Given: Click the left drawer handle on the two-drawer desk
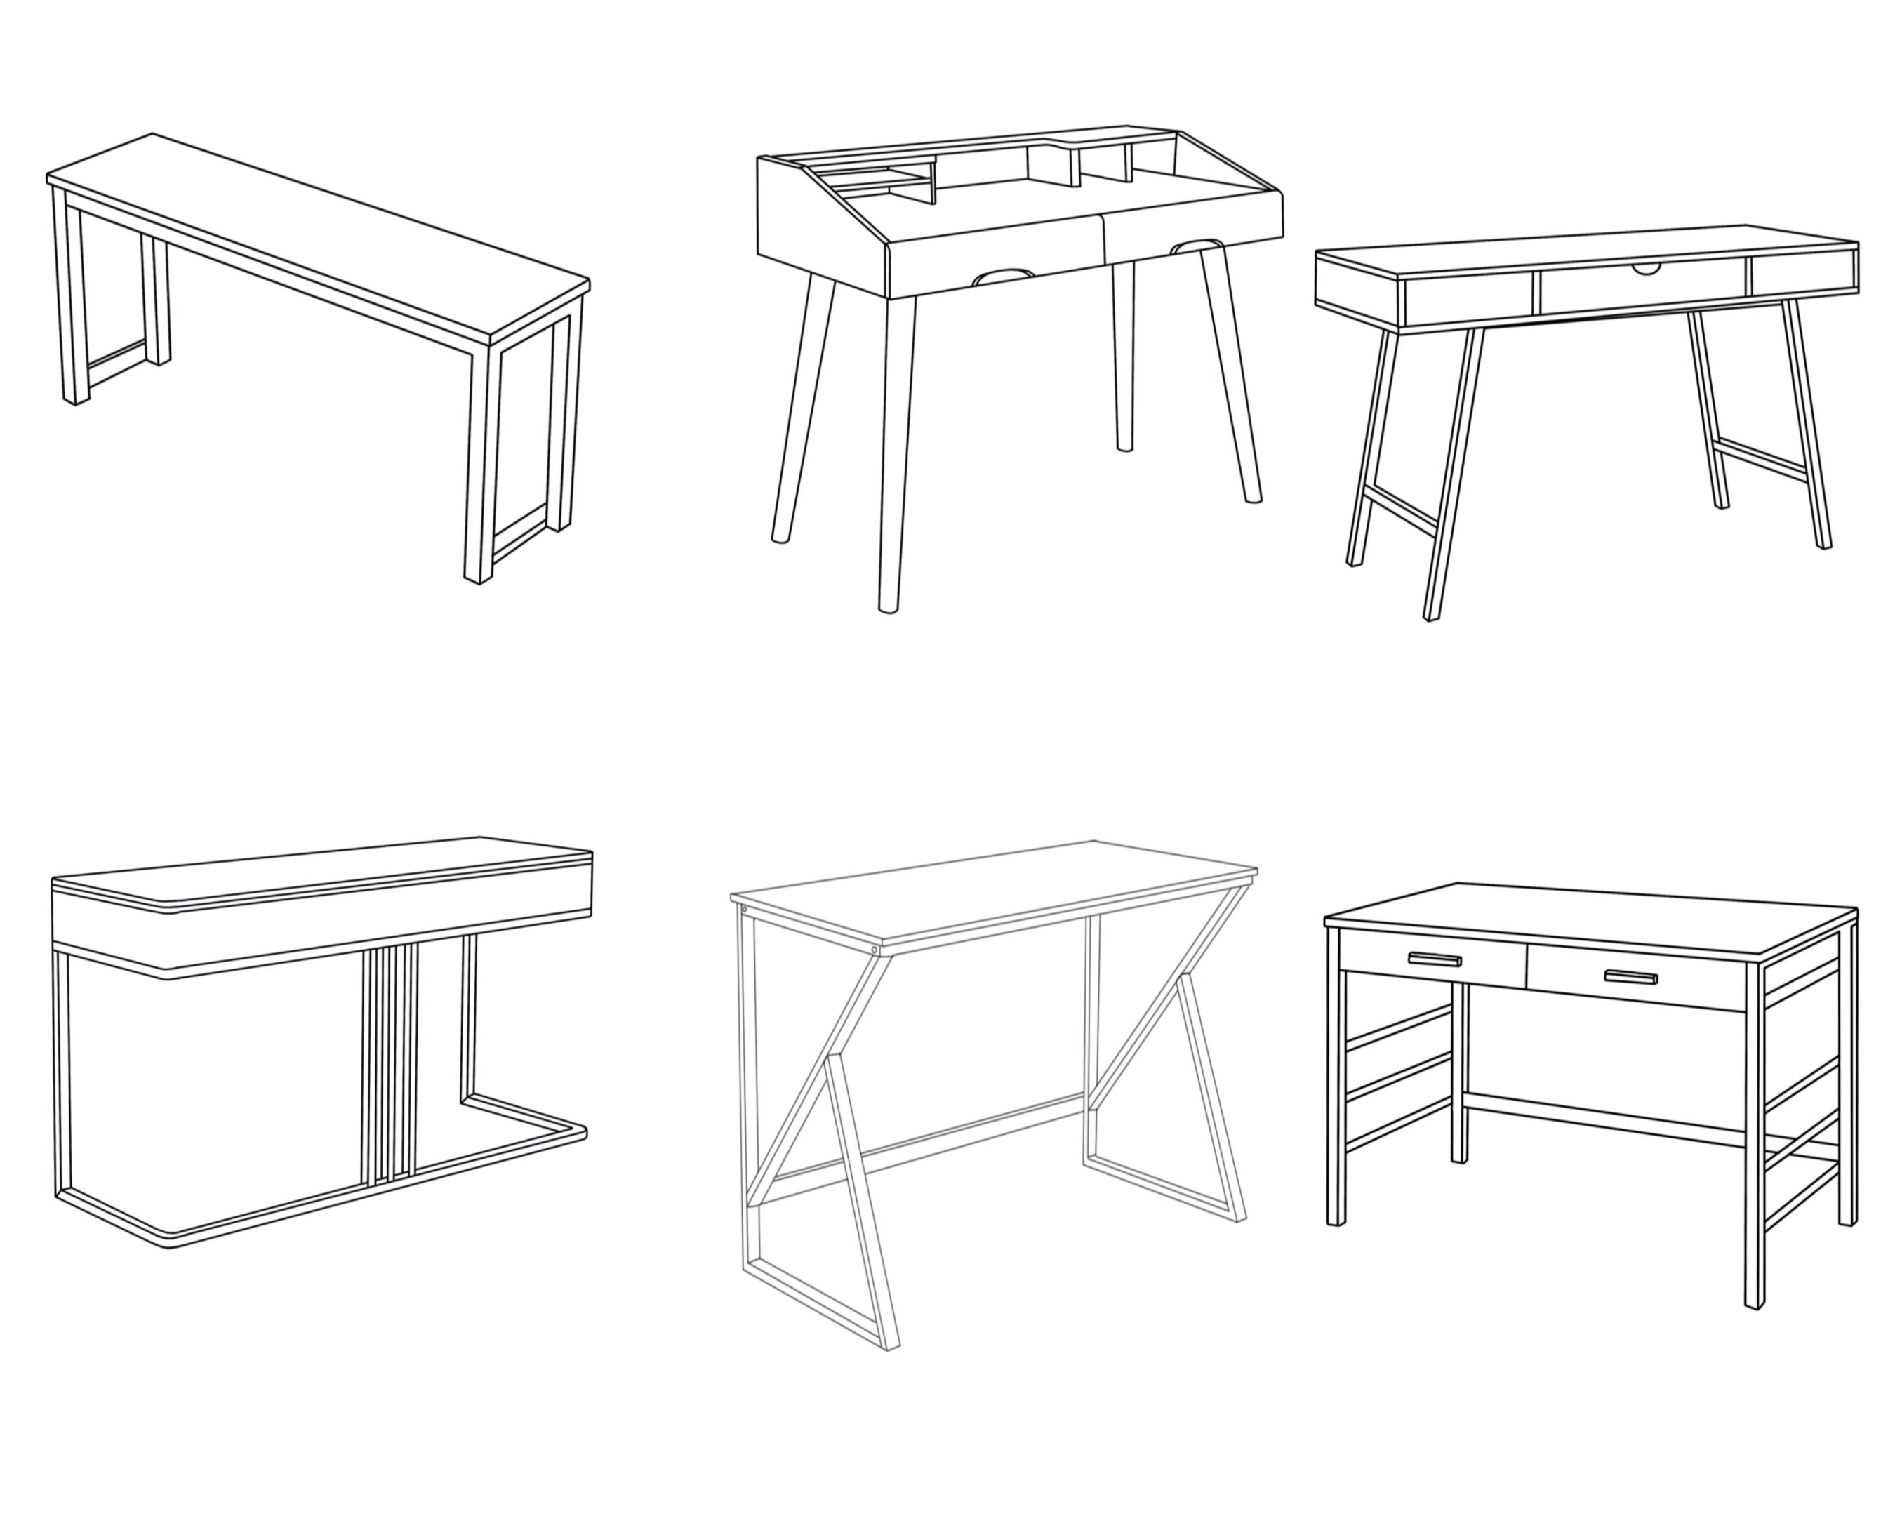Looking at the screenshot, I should tap(1434, 959).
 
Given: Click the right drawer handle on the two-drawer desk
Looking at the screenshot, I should tap(1630, 977).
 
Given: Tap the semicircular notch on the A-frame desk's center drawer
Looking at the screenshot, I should tap(1647, 268).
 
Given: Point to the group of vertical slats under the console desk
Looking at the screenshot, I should tap(390, 1063).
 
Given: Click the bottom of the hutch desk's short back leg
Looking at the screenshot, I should tap(1124, 446).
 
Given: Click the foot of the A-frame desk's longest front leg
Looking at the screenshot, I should tap(1431, 616).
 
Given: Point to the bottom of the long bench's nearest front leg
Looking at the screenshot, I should tap(477, 578).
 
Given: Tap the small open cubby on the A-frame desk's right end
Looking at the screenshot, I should tap(1804, 273).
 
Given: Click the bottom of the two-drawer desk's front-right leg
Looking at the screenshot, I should tap(1755, 1303).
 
